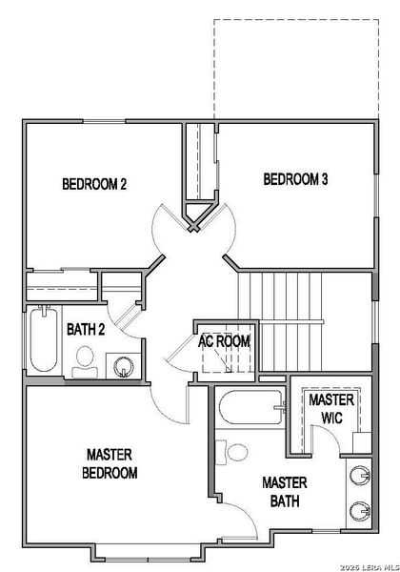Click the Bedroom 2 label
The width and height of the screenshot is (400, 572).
pyautogui.click(x=94, y=184)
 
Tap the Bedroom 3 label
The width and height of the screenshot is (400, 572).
pyautogui.click(x=295, y=179)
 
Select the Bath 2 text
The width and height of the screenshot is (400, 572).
pyautogui.click(x=86, y=330)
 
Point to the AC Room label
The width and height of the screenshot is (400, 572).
pyautogui.click(x=224, y=341)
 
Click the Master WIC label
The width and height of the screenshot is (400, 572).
pyautogui.click(x=331, y=409)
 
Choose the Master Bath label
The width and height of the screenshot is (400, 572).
pyautogui.click(x=285, y=492)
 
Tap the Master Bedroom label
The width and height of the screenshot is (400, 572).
pyautogui.click(x=110, y=463)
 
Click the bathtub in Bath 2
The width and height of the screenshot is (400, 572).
pyautogui.click(x=44, y=338)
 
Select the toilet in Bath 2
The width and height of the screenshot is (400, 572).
pyautogui.click(x=85, y=362)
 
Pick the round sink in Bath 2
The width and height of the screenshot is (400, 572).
pyautogui.click(x=123, y=366)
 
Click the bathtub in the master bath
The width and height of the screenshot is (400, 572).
pyautogui.click(x=251, y=407)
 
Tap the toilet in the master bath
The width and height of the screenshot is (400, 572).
pyautogui.click(x=232, y=452)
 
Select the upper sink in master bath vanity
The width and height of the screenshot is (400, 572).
pyautogui.click(x=360, y=475)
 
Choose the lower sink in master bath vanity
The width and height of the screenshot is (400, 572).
pyautogui.click(x=360, y=511)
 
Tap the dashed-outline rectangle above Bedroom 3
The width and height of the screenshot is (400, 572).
pyautogui.click(x=296, y=69)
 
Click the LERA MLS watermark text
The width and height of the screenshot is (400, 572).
pyautogui.click(x=370, y=567)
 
